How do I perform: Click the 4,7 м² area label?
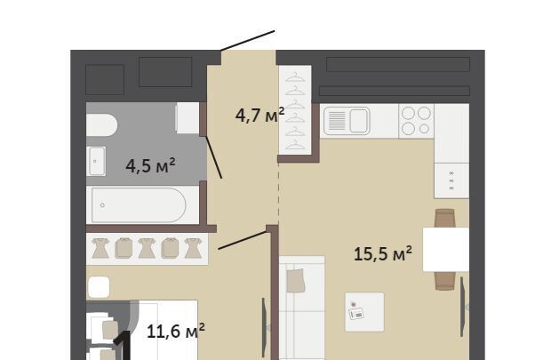260,115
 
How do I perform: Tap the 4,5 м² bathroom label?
150,165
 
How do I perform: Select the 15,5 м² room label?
382,253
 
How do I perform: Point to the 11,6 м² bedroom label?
176,331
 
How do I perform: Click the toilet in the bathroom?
101,125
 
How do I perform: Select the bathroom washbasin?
96,161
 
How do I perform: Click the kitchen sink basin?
359,121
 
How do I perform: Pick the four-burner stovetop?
416,121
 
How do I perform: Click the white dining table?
445,250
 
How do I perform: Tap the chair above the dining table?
445,218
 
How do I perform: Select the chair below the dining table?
445,281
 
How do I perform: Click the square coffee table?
364,312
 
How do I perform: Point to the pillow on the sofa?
295,281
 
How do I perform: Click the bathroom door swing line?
214,157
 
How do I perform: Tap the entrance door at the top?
248,41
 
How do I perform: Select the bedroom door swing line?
243,240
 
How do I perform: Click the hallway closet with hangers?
295,110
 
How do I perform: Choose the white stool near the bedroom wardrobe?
99,287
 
